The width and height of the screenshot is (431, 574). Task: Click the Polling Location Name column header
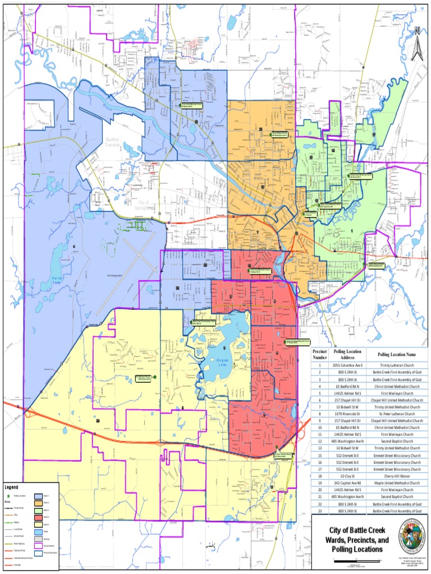point(396,355)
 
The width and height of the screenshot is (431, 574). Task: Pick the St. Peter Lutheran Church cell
point(396,414)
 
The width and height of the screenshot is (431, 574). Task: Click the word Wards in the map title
point(335,540)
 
